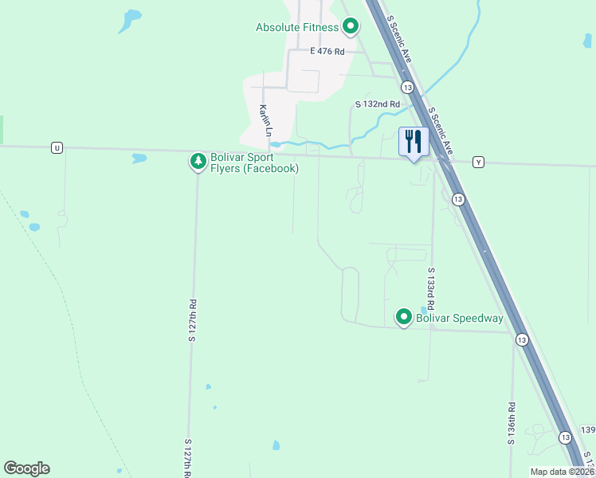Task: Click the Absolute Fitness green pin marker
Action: coord(350,27)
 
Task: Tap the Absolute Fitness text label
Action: coord(297,27)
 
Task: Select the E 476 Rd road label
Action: coord(327,51)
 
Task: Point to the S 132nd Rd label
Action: coord(376,104)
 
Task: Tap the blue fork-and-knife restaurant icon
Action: coord(414,142)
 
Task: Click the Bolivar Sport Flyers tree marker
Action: coord(198,162)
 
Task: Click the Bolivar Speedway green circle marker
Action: coord(404,318)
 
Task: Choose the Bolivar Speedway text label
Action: coord(460,319)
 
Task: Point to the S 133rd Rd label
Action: coord(430,288)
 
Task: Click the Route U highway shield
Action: coord(56,147)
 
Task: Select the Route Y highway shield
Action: coord(478,162)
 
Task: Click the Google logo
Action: coord(26,468)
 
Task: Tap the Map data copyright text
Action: coord(560,472)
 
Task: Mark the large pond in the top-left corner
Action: coord(130,19)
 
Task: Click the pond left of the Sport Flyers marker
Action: coord(139,158)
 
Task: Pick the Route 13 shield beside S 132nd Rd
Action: coord(408,86)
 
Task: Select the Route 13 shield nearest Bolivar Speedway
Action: coord(521,339)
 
